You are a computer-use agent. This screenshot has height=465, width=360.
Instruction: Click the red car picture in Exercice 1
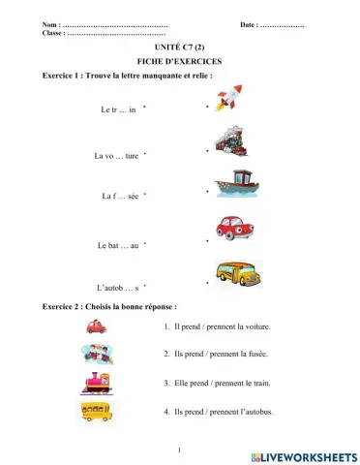(x=234, y=229)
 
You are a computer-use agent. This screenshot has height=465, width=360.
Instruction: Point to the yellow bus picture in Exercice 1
(x=237, y=271)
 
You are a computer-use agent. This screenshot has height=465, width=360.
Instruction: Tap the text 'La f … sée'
(x=120, y=196)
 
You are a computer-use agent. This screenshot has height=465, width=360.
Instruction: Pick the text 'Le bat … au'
(x=118, y=246)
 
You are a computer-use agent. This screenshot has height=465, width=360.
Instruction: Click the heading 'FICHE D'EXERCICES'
(x=180, y=60)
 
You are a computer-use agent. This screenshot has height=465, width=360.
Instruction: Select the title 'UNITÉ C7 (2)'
(x=180, y=46)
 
